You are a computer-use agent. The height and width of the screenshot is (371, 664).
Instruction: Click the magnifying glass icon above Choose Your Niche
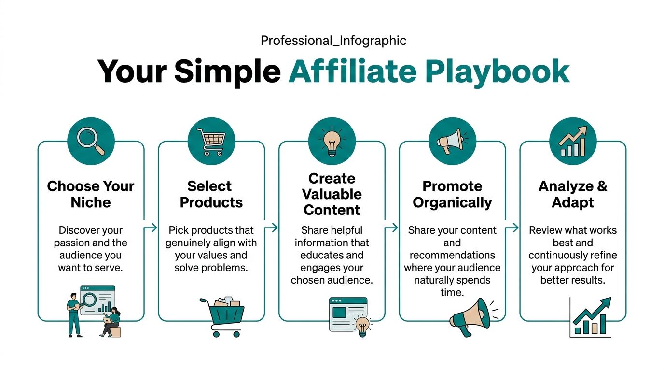[91, 141]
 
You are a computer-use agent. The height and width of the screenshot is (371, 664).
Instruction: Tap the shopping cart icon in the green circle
[211, 141]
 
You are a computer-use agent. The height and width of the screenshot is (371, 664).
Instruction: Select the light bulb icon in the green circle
[332, 141]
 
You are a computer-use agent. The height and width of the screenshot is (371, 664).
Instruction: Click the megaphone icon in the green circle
[452, 141]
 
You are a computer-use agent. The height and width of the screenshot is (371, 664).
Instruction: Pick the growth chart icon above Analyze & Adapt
[573, 141]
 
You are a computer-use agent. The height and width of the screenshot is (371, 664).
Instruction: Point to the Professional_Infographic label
[333, 41]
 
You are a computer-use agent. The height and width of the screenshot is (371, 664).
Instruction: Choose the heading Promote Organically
[452, 194]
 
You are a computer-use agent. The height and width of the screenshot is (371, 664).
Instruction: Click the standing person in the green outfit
[74, 314]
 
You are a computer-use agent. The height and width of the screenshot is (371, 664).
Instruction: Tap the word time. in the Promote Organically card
[452, 293]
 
